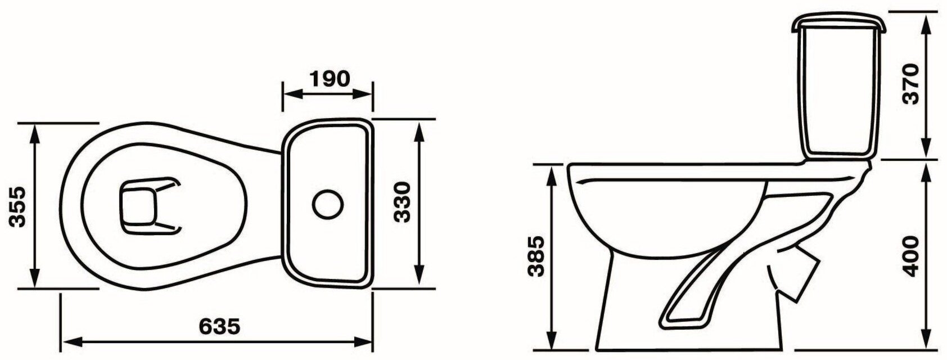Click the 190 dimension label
tap(330, 79)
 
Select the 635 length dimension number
tap(219, 326)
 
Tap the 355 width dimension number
tap(18, 206)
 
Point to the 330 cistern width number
tap(402, 202)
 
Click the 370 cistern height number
tap(910, 84)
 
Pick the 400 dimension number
tap(910, 256)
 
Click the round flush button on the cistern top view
tap(328, 204)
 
